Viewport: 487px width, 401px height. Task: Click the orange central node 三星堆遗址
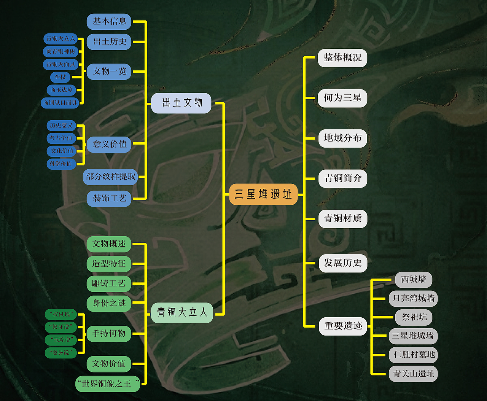(x=263, y=194)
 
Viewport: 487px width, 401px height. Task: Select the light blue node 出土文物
(x=181, y=103)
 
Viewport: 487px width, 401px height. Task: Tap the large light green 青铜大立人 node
(x=182, y=313)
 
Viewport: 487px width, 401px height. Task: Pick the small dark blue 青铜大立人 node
(x=61, y=38)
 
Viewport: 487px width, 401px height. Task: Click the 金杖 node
(x=60, y=77)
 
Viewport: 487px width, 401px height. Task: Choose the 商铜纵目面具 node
(x=60, y=103)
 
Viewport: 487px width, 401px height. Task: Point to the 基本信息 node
(x=109, y=21)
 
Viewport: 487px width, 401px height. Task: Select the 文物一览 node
(x=109, y=72)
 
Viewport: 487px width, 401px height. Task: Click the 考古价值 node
(x=61, y=138)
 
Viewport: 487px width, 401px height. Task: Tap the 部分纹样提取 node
(x=110, y=177)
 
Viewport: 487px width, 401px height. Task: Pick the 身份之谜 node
(x=109, y=303)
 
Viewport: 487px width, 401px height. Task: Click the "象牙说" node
(x=61, y=327)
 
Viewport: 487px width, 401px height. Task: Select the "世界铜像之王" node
(x=108, y=383)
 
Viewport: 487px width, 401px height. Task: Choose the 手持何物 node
(x=109, y=334)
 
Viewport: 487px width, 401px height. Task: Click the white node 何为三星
(x=342, y=98)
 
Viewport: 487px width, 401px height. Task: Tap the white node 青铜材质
(x=342, y=218)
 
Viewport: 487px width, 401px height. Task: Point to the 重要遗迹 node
(x=343, y=326)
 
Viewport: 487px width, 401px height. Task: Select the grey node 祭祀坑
(x=414, y=317)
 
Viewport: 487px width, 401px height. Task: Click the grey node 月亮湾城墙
(x=413, y=298)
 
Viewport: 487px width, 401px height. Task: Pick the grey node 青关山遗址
(x=413, y=374)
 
